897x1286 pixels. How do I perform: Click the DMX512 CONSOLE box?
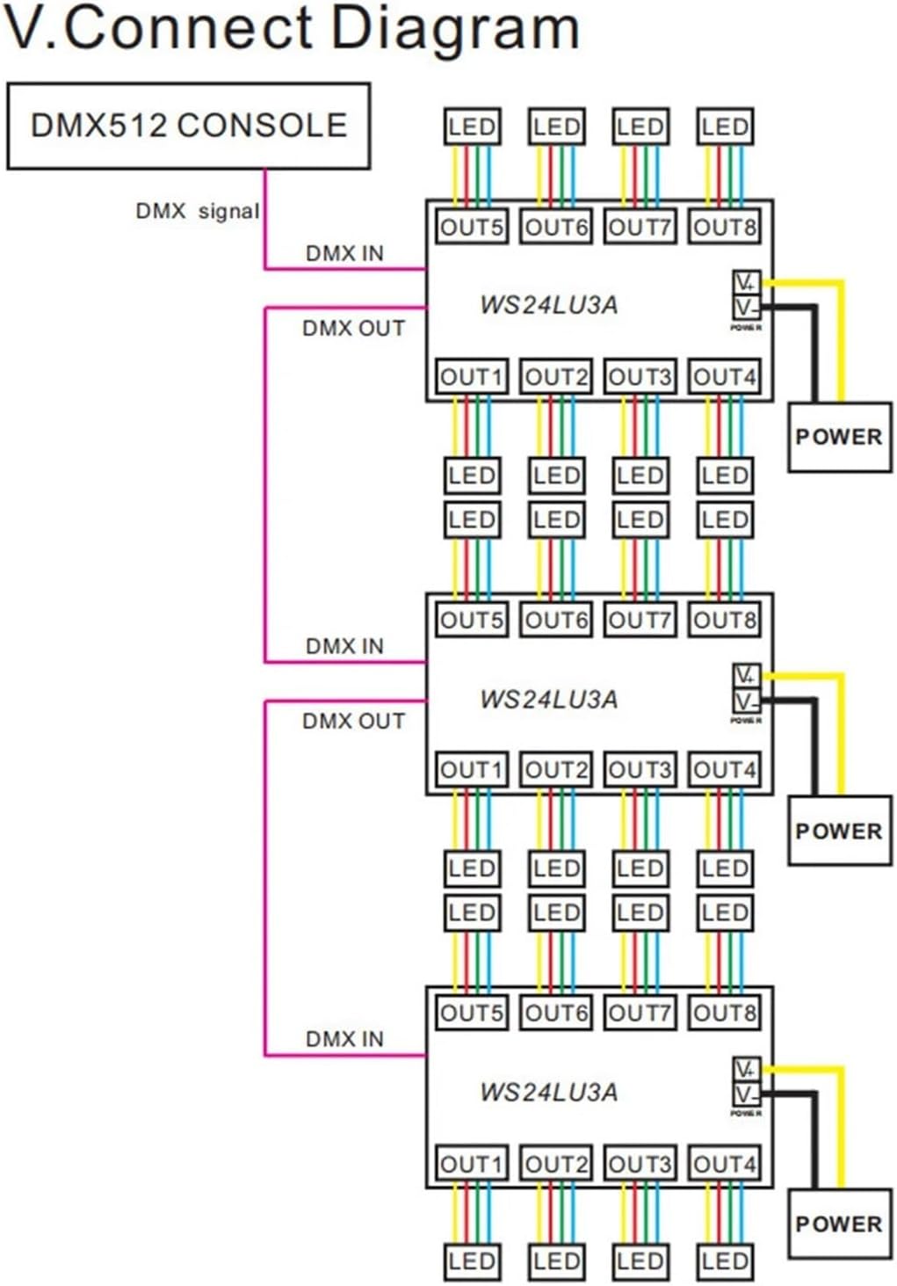[x=188, y=126]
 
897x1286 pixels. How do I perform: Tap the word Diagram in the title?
[x=455, y=28]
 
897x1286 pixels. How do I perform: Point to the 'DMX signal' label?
[x=197, y=211]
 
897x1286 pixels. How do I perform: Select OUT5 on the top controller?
[x=472, y=227]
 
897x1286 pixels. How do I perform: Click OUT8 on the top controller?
[x=725, y=227]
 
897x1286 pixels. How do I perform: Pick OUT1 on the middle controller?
[x=472, y=770]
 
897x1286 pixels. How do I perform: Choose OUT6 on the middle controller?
[x=556, y=620]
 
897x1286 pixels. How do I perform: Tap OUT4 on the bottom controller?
[x=725, y=1164]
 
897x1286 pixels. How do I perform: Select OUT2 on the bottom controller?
[x=556, y=1164]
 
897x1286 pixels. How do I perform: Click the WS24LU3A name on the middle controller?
[x=548, y=700]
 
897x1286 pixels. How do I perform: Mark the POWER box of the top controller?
[x=838, y=437]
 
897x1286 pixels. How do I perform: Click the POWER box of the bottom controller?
[x=838, y=1224]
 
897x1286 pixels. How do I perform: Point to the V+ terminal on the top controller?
[x=746, y=282]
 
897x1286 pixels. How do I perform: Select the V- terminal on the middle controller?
[x=746, y=701]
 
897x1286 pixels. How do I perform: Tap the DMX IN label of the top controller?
[x=344, y=253]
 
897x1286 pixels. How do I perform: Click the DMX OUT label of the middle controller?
[x=353, y=721]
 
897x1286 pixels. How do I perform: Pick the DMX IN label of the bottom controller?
[x=344, y=1039]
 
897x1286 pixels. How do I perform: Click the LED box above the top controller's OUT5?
[x=472, y=127]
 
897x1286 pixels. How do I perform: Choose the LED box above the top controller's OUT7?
[x=640, y=127]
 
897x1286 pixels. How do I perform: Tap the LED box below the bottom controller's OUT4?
[x=725, y=1261]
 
